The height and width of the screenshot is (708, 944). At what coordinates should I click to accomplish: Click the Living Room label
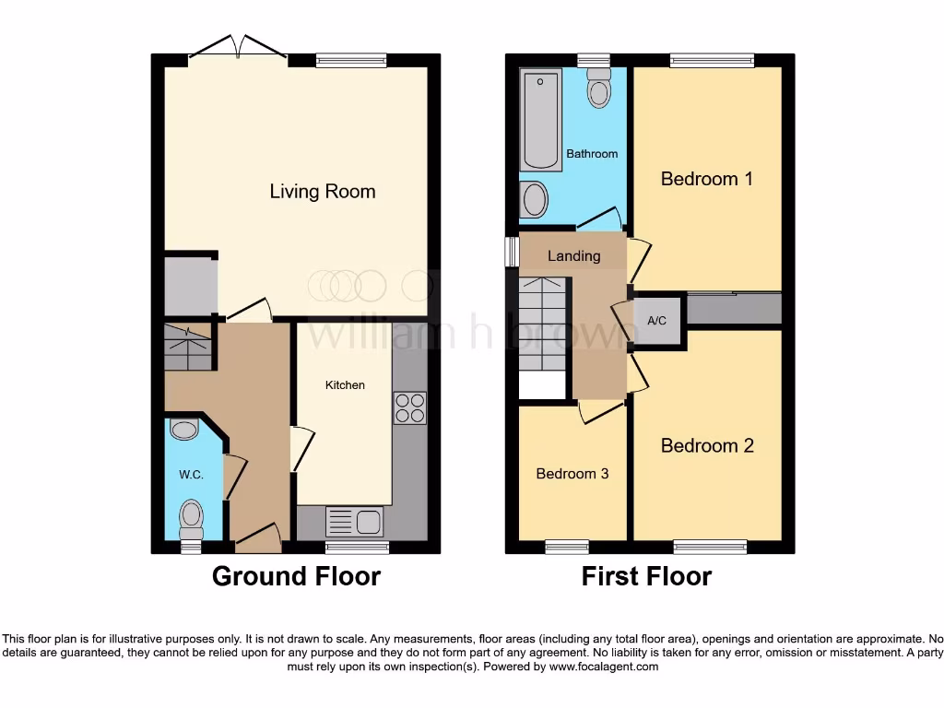(322, 192)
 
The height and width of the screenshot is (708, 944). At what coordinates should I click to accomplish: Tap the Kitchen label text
(345, 384)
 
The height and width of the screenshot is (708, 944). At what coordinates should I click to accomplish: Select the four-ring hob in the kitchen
(410, 408)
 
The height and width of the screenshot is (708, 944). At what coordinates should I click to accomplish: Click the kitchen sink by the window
(354, 522)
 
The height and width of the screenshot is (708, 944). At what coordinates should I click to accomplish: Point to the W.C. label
(191, 475)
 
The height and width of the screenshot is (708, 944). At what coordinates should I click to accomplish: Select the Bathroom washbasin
(533, 199)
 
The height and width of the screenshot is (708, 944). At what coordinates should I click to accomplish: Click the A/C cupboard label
(657, 321)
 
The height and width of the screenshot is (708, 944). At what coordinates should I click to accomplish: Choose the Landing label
(573, 255)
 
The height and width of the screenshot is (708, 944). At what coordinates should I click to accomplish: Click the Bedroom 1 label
(706, 179)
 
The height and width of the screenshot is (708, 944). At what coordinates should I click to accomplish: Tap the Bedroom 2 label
(707, 445)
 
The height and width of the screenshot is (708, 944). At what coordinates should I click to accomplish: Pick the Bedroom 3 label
(572, 474)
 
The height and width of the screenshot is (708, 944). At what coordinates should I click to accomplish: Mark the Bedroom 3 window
(567, 548)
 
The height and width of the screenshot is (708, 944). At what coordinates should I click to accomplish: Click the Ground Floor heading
(296, 576)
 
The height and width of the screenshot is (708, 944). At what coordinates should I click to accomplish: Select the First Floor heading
(646, 576)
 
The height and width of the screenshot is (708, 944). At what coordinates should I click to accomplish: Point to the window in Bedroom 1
(712, 61)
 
